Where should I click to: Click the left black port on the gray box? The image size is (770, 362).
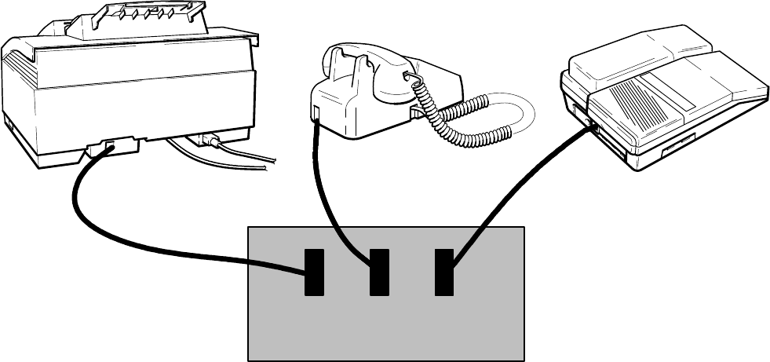pyautogui.click(x=315, y=272)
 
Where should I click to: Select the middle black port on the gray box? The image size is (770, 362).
pyautogui.click(x=379, y=272)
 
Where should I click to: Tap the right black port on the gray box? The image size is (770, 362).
pyautogui.click(x=444, y=272)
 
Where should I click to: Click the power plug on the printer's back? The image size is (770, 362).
pyautogui.click(x=210, y=141)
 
